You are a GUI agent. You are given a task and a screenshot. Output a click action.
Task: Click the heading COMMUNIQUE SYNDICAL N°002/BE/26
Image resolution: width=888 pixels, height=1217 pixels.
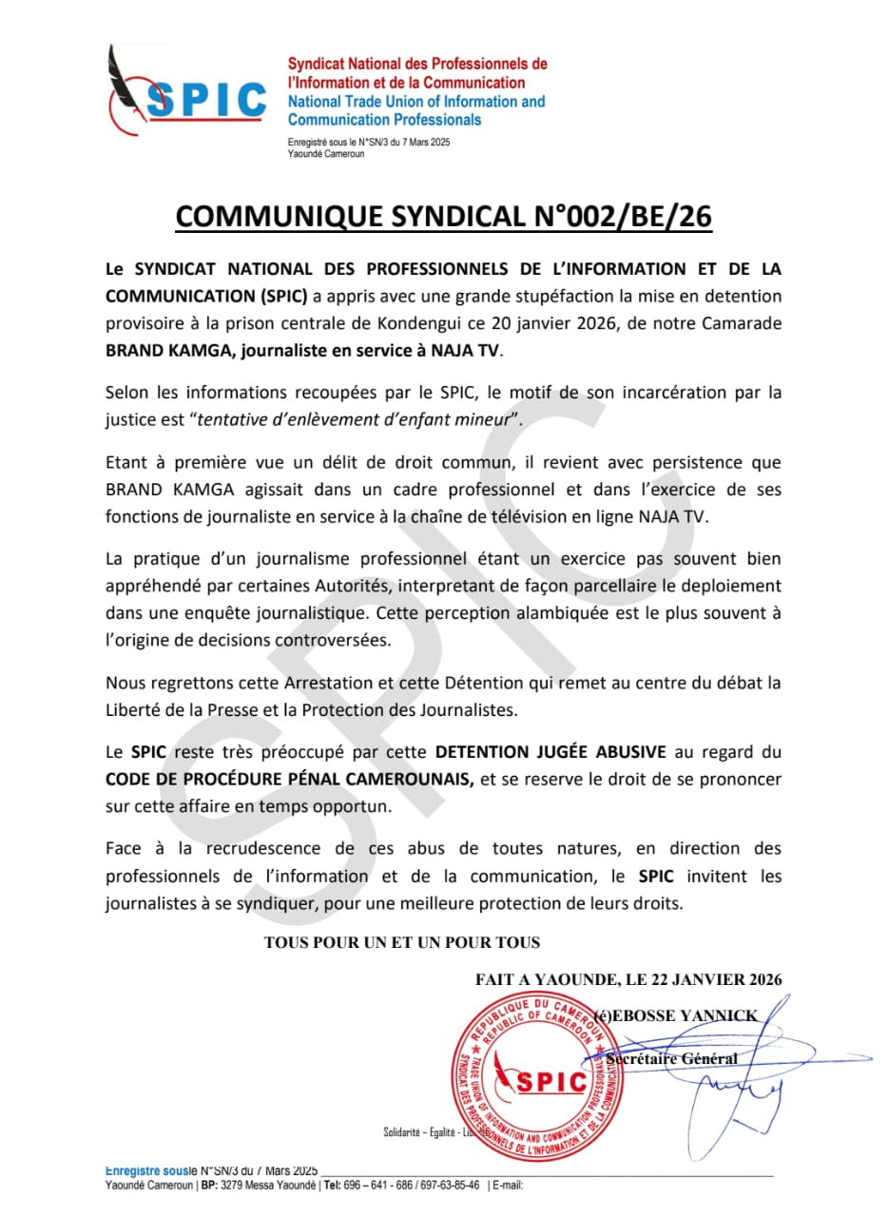click(443, 218)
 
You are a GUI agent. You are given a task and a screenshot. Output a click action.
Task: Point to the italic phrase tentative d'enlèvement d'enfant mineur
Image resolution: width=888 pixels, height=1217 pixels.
click(357, 417)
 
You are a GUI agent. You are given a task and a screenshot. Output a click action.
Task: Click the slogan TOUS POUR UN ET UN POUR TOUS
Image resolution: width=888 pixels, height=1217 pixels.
click(402, 942)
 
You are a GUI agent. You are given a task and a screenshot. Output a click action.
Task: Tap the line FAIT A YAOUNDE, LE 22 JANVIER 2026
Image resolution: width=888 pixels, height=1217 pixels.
click(628, 978)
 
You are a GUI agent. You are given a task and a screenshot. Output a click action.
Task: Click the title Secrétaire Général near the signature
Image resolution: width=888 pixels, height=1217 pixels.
click(671, 1057)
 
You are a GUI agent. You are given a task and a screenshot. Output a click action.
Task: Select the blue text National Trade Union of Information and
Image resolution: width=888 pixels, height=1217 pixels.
click(416, 102)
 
